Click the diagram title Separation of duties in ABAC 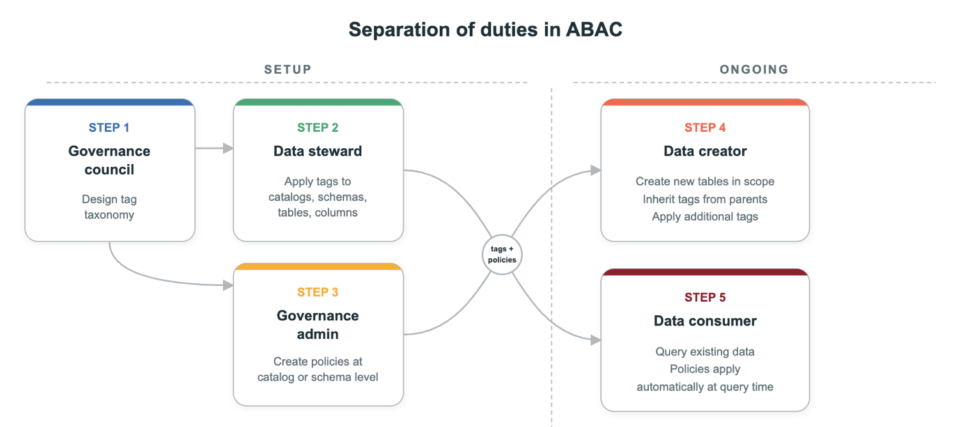(485, 30)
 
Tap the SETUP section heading (288, 70)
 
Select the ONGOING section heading (754, 70)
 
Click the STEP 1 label (109, 128)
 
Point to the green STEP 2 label (318, 128)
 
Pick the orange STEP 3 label (318, 293)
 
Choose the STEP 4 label (705, 128)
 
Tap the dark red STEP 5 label (705, 297)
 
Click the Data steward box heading (318, 151)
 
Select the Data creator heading (705, 151)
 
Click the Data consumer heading (705, 321)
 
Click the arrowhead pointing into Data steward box (228, 148)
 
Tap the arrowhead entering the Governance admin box (228, 286)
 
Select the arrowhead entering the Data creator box (595, 170)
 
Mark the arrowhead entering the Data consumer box (595, 340)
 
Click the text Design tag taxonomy (109, 207)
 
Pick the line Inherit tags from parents (705, 199)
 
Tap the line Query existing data (705, 352)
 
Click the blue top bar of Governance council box (109, 102)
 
